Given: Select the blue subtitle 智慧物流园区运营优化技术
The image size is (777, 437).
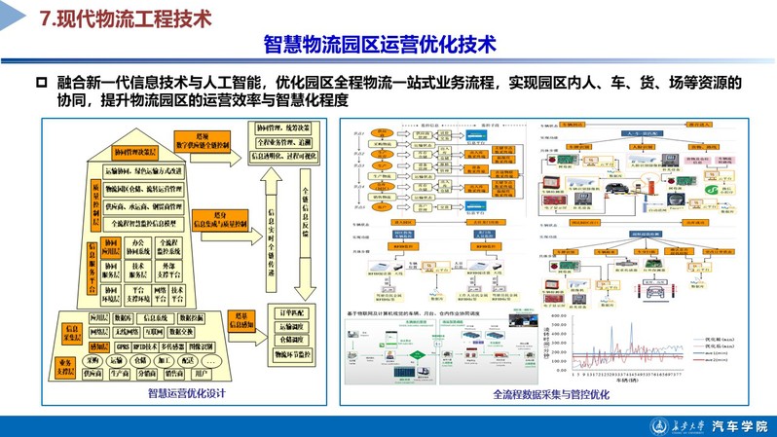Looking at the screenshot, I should pyautogui.click(x=380, y=46).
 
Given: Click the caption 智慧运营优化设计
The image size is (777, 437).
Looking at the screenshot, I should pyautogui.click(x=187, y=393).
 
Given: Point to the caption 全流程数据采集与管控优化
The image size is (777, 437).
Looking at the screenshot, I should pyautogui.click(x=551, y=394).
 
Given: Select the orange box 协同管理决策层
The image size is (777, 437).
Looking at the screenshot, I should pyautogui.click(x=135, y=153).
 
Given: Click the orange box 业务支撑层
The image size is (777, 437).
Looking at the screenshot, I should pyautogui.click(x=65, y=367).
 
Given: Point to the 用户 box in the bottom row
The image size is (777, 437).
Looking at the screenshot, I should pyautogui.click(x=201, y=373).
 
